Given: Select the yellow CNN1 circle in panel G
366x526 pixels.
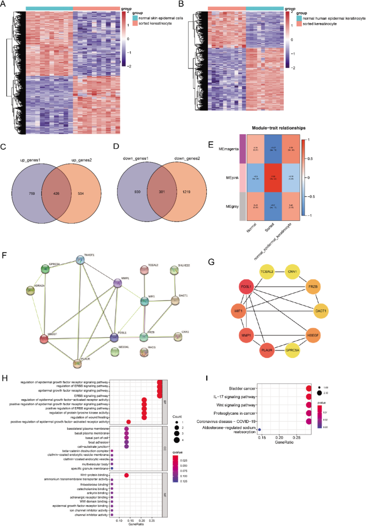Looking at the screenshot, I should (291, 272).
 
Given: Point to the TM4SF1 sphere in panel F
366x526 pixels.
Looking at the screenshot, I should (81, 259).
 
